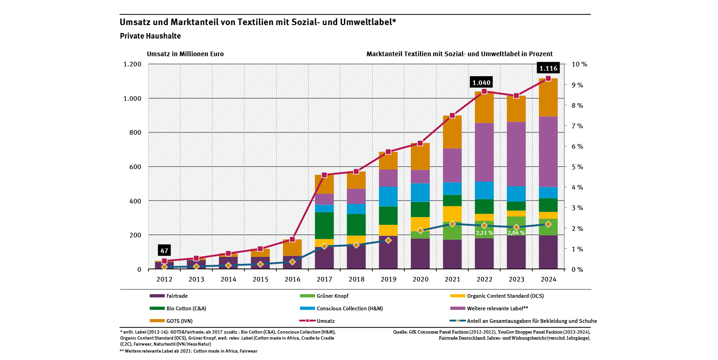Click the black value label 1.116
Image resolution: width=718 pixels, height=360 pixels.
[x=548, y=68]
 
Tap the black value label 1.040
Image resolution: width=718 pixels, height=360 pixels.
[x=481, y=83]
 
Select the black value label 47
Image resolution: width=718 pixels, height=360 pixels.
[x=164, y=250]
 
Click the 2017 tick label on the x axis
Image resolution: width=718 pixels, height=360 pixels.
[x=324, y=279]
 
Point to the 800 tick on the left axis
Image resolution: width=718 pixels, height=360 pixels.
[x=132, y=132]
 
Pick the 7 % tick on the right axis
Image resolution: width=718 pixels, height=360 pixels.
[x=577, y=126]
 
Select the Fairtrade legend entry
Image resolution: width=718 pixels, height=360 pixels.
[x=169, y=296]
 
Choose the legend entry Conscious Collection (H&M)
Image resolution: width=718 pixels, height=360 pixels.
[x=342, y=308]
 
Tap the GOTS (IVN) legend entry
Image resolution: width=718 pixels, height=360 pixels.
[x=171, y=321]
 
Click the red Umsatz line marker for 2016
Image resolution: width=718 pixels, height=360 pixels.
[x=292, y=239]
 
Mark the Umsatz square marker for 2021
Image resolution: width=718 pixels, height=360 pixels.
[x=452, y=116]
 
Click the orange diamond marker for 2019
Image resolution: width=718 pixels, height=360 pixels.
[x=388, y=240]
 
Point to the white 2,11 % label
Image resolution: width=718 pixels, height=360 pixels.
[x=484, y=233]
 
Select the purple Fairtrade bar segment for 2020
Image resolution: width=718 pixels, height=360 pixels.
[x=420, y=254]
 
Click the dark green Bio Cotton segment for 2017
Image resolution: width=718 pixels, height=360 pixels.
[x=324, y=225]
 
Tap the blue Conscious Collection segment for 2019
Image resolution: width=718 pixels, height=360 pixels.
[x=388, y=196]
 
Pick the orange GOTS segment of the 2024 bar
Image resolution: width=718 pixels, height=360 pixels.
[x=548, y=98]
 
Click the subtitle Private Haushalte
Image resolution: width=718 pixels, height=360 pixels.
[x=150, y=36]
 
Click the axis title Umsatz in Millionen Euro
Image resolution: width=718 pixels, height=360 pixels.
[x=185, y=54]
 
